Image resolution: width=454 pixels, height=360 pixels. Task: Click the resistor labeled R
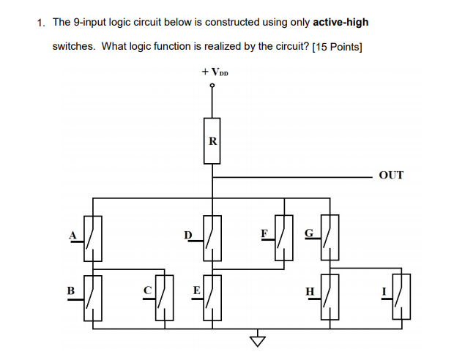pyautogui.click(x=212, y=140)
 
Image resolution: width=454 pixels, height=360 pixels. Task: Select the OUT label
pyautogui.click(x=391, y=176)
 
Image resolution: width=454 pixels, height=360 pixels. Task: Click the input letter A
pyautogui.click(x=72, y=234)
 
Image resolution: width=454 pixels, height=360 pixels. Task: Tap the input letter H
pyautogui.click(x=310, y=291)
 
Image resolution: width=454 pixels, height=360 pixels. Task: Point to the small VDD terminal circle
pyautogui.click(x=212, y=86)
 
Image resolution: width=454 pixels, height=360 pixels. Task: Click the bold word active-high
pyautogui.click(x=340, y=22)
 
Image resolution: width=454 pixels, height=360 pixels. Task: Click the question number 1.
pyautogui.click(x=41, y=22)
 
